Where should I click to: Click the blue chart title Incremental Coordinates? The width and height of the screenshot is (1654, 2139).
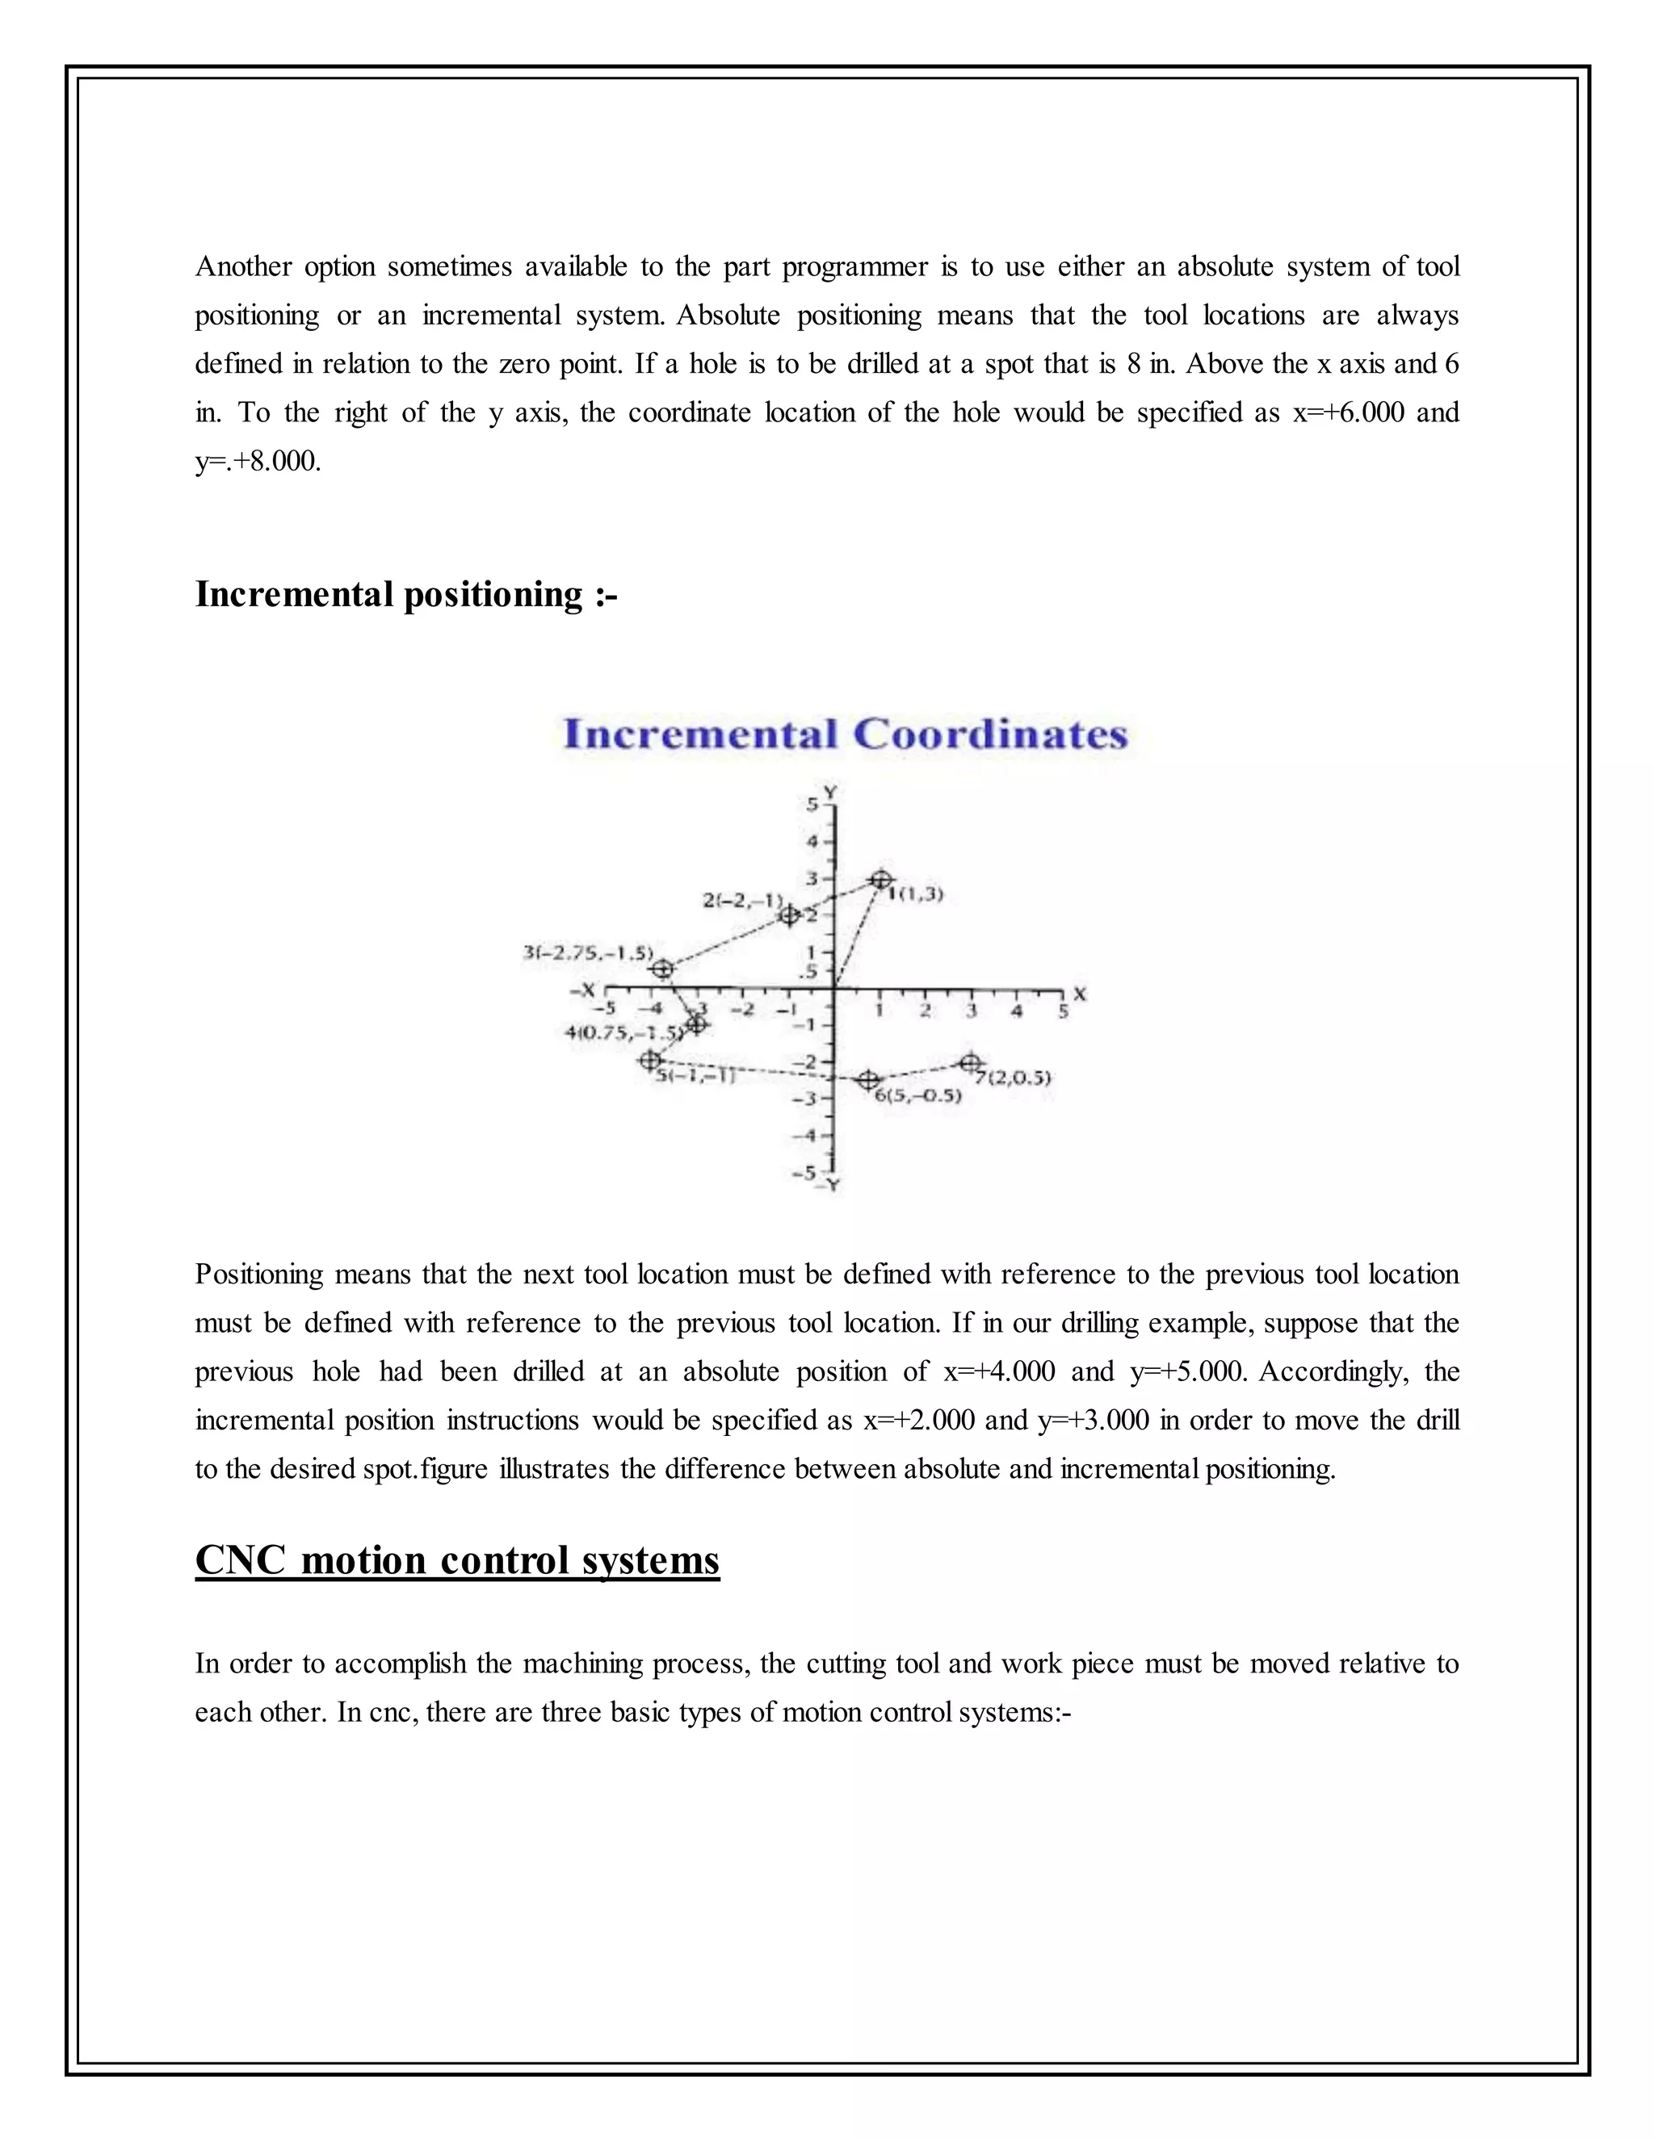[846, 735]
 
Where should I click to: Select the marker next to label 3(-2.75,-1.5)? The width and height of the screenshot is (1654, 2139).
[662, 969]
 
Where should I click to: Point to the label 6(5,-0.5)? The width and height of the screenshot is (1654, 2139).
[917, 1095]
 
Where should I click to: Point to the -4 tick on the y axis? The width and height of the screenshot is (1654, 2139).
[810, 1135]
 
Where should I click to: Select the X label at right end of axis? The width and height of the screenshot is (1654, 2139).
[1080, 993]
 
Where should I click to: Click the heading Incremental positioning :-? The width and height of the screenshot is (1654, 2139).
[405, 593]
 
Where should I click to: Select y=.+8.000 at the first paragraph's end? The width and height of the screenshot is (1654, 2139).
[258, 461]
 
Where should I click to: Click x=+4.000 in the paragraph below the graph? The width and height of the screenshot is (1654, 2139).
[998, 1371]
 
